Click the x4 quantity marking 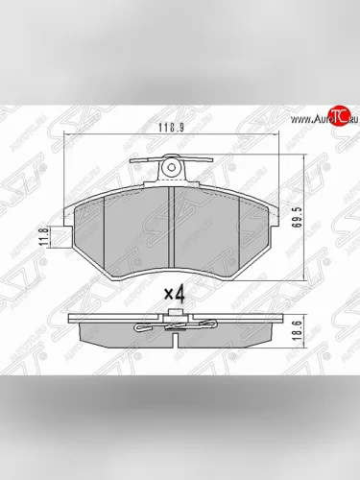point(175,293)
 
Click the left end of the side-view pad point(77,331)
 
